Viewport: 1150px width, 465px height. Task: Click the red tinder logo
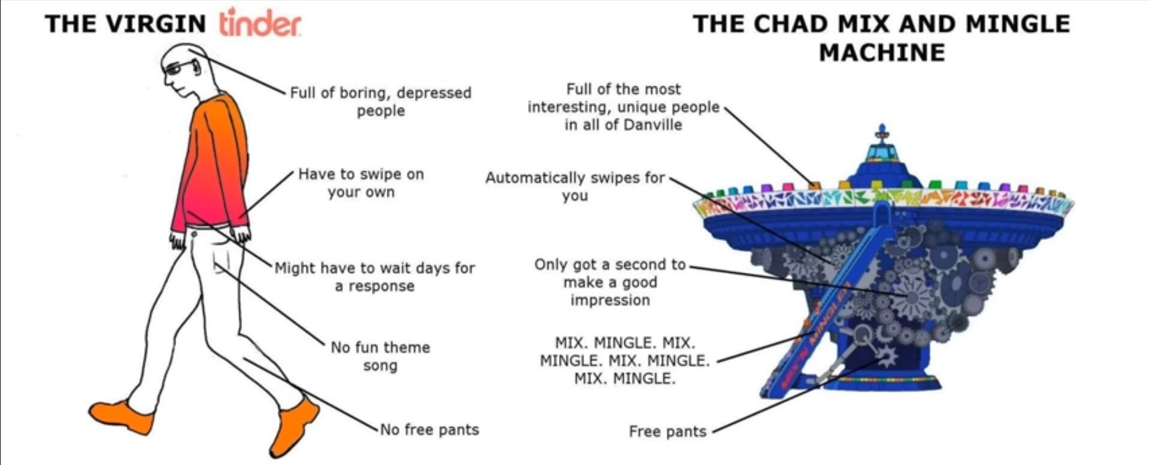click(x=260, y=23)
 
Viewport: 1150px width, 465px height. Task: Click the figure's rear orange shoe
click(x=121, y=416)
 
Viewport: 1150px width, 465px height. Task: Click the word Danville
click(x=653, y=124)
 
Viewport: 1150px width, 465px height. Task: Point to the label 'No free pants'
click(x=429, y=430)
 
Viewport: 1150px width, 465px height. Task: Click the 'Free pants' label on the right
click(x=667, y=431)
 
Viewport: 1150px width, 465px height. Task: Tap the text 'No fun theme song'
click(x=380, y=356)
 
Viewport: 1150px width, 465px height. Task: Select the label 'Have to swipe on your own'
click(x=361, y=183)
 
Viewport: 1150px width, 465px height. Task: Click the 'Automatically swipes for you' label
click(x=575, y=186)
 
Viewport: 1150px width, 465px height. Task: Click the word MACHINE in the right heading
click(x=882, y=53)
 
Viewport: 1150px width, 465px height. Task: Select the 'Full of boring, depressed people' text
click(x=381, y=101)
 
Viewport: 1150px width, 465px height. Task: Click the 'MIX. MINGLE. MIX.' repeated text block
click(x=624, y=360)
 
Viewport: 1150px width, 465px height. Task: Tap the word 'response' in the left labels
click(x=381, y=286)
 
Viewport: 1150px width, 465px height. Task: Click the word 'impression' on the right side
click(x=610, y=300)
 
